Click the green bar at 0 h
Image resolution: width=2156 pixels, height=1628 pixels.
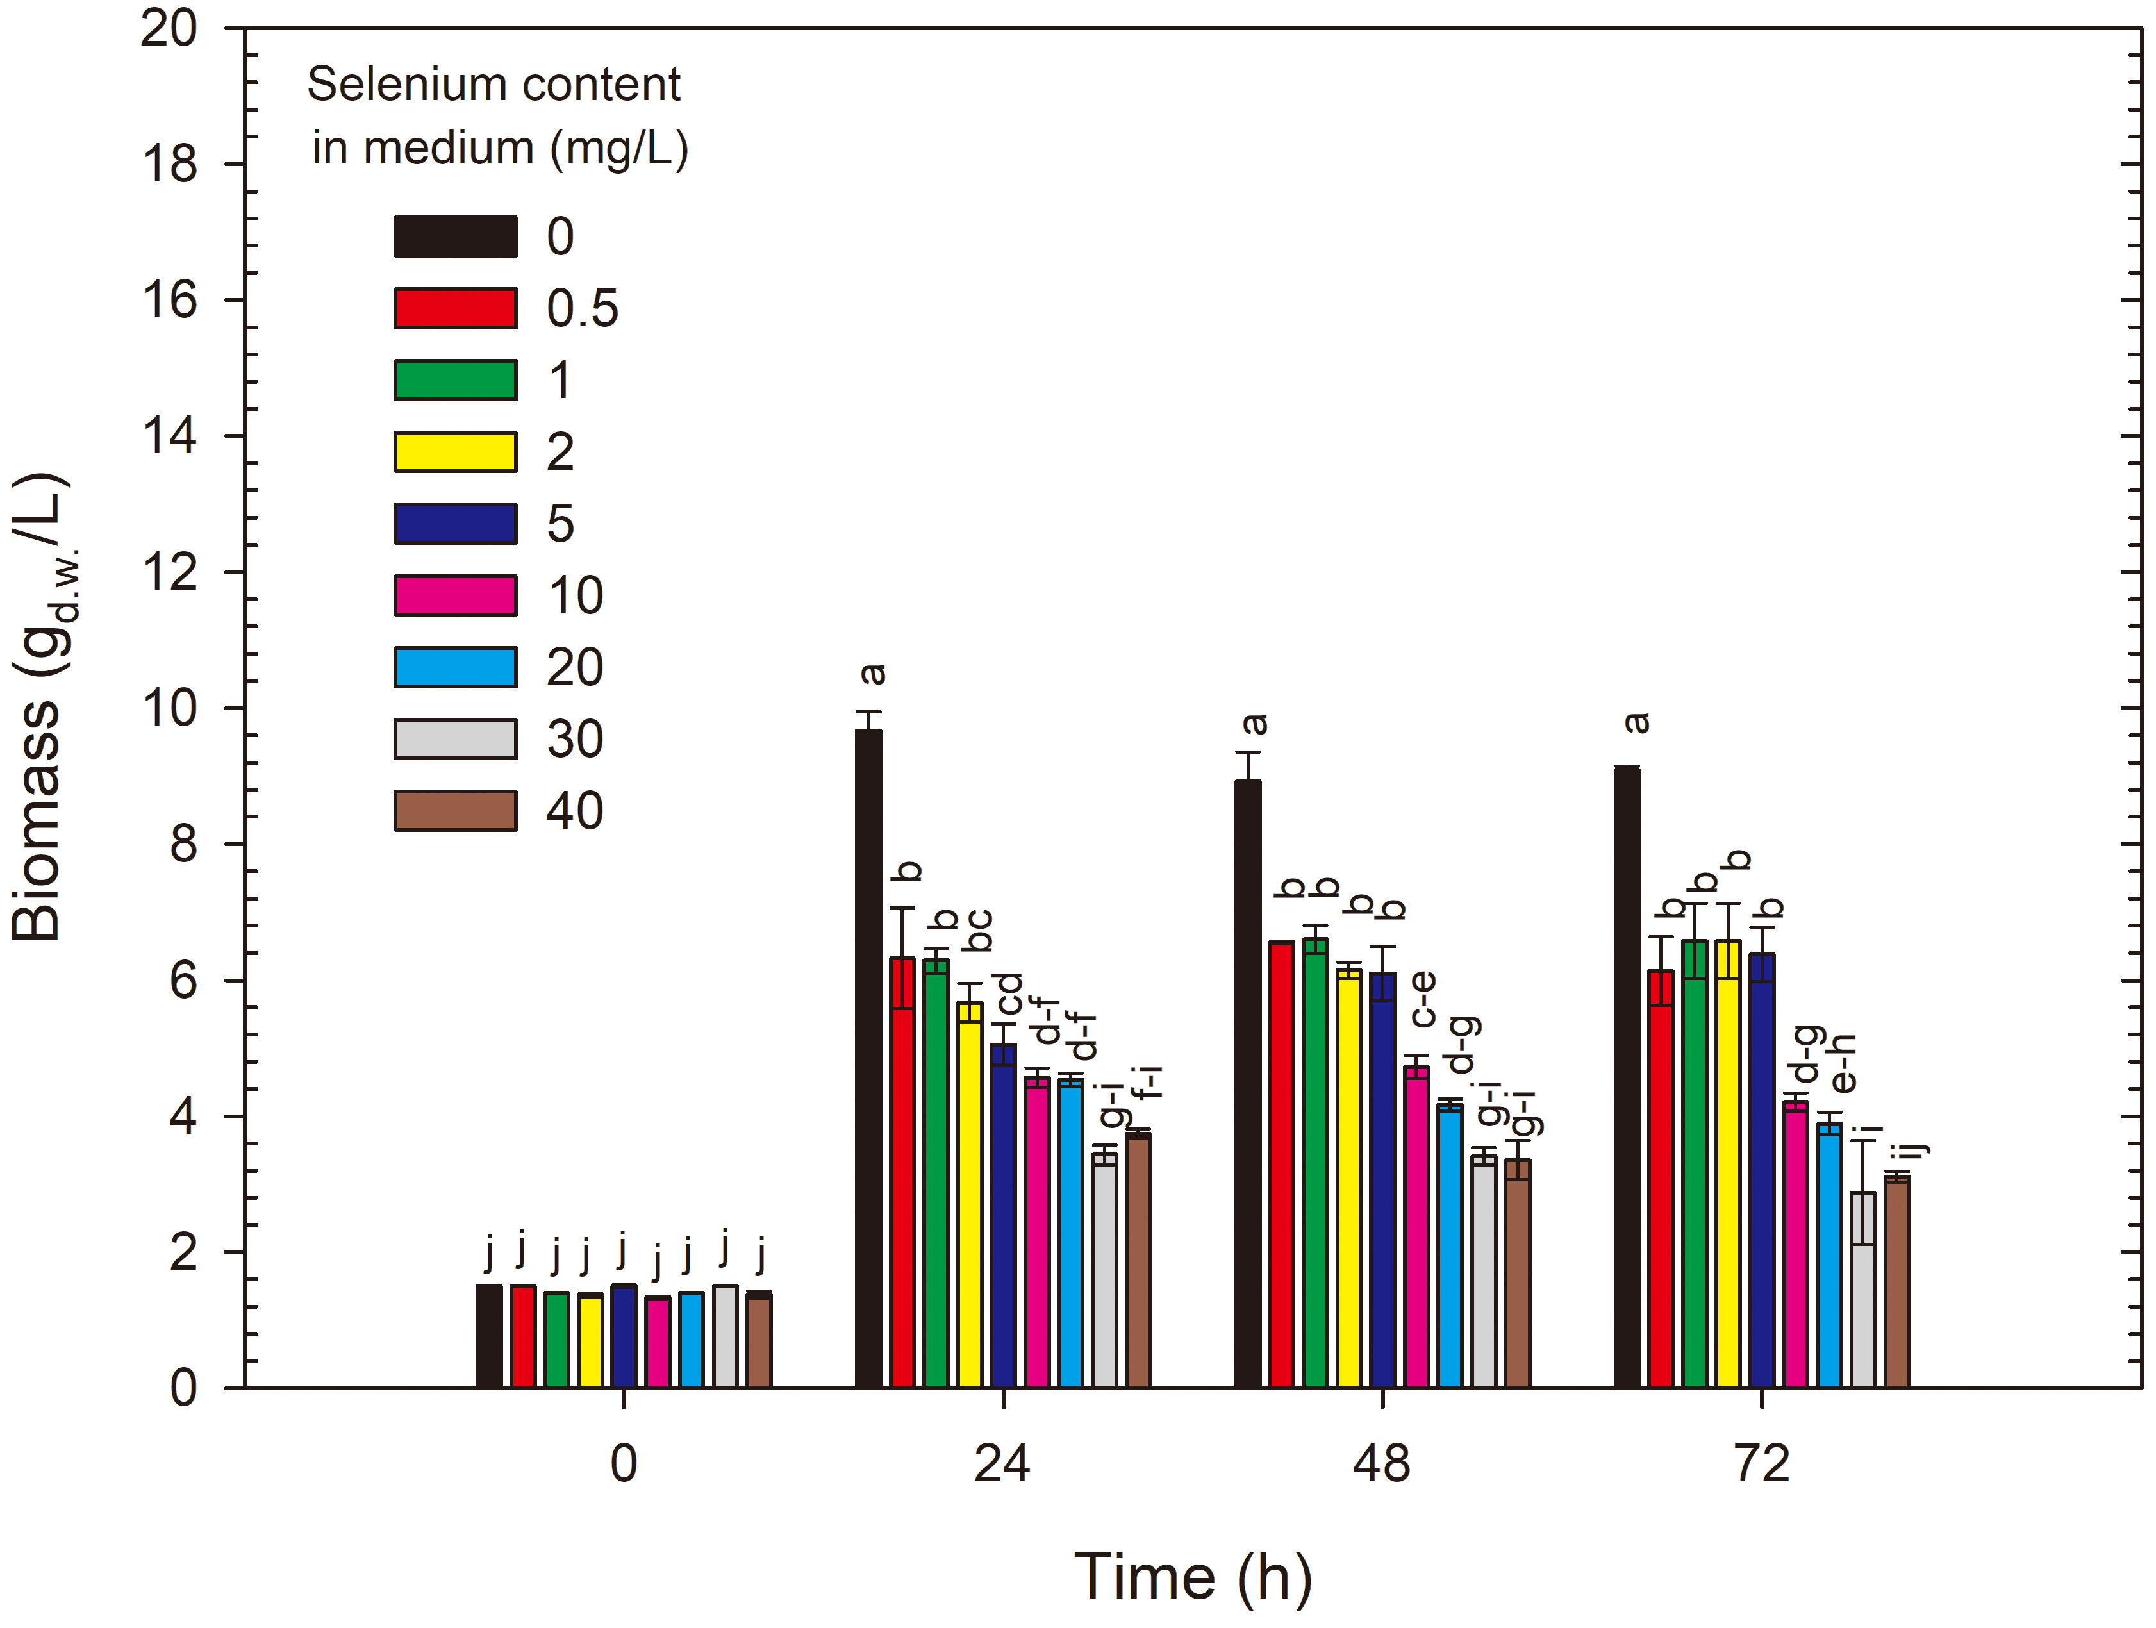click(556, 1340)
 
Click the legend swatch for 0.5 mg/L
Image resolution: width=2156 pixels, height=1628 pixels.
click(455, 308)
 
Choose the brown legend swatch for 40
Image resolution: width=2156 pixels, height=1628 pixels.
click(455, 811)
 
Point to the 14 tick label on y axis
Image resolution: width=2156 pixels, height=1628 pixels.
click(170, 436)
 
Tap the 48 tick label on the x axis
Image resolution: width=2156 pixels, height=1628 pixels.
click(1382, 1464)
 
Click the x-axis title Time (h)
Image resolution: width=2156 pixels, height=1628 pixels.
click(1193, 1576)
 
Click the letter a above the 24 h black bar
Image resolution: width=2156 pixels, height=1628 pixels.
click(874, 674)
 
